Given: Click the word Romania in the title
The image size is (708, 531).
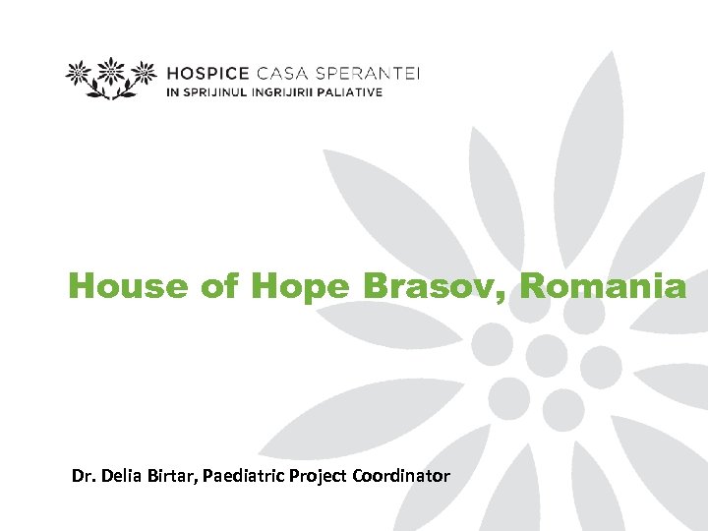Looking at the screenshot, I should click(603, 286).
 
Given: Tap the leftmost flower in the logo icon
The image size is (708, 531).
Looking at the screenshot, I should click(81, 73).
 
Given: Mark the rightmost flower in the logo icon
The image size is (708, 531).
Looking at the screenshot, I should click(144, 73).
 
